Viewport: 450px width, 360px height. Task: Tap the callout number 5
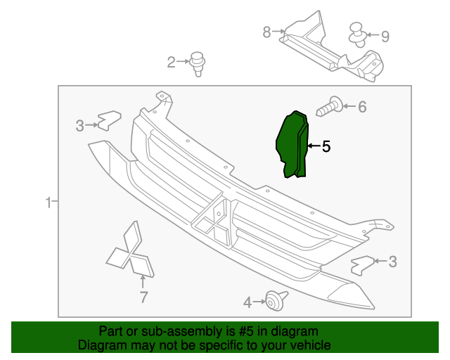[x=326, y=147]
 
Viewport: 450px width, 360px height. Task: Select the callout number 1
[x=49, y=203]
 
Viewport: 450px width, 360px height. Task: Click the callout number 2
[x=171, y=63]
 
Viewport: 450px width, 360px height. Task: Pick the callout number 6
[x=362, y=107]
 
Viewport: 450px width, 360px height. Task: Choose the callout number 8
[x=266, y=32]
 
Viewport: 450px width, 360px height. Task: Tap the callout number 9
[x=385, y=35]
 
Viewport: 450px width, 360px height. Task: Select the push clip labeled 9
[x=359, y=33]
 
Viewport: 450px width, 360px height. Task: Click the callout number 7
[x=143, y=297]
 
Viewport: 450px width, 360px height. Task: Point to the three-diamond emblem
[x=131, y=254]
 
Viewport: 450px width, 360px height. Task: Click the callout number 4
[x=247, y=302]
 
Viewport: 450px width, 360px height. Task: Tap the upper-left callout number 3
[x=80, y=126]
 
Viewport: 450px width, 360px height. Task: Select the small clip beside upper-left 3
[x=108, y=121]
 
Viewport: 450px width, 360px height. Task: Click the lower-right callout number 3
[x=392, y=262]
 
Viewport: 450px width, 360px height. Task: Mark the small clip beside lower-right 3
[x=361, y=265]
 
